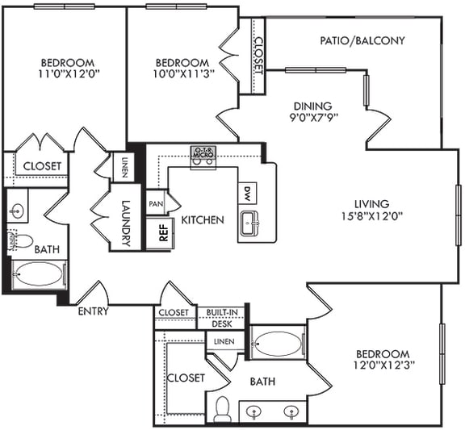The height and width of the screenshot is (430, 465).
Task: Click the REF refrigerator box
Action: point(163,233)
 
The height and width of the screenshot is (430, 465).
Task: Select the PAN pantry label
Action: point(155,203)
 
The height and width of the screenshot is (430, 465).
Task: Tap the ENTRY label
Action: point(93,311)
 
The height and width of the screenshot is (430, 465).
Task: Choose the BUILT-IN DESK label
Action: point(221,317)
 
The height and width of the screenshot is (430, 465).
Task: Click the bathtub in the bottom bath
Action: point(277,344)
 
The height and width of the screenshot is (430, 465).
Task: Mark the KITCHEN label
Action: point(202,219)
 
